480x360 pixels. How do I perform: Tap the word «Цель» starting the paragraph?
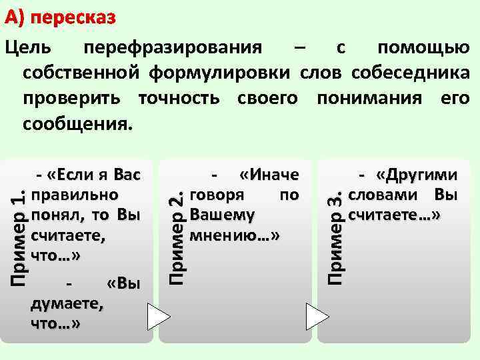coord(25,47)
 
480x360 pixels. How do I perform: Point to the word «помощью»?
coord(423,47)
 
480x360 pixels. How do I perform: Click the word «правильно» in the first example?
coord(75,195)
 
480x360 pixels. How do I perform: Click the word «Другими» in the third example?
coord(417,175)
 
